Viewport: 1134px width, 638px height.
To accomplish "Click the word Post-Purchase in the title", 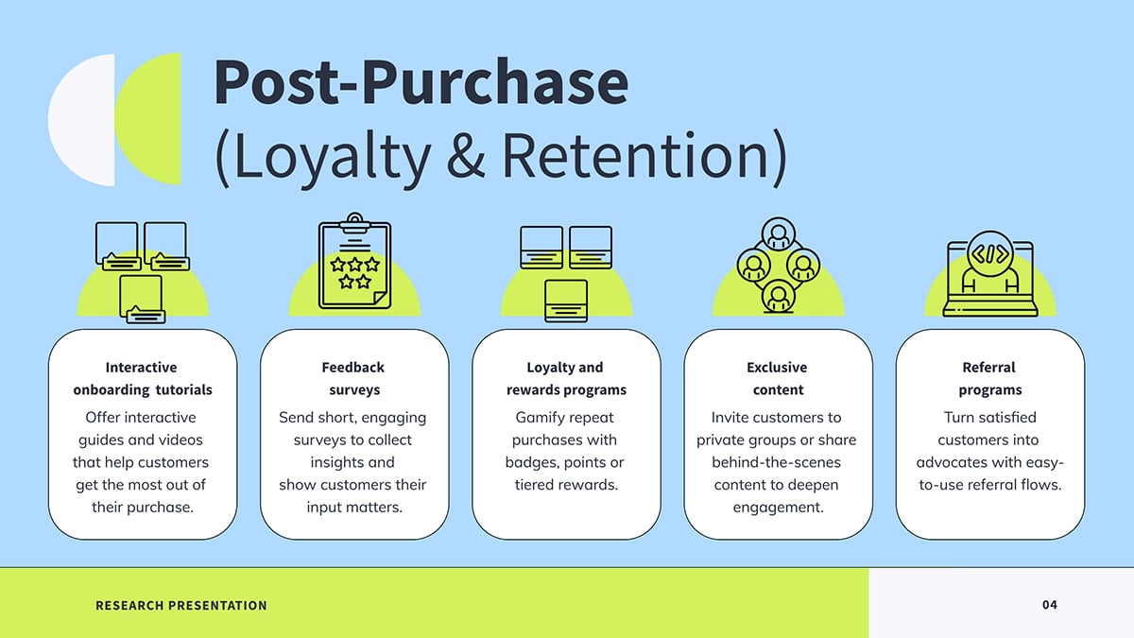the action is click(421, 81).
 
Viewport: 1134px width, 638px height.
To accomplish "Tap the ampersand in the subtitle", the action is click(466, 154).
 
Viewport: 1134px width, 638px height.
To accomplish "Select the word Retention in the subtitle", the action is click(636, 154).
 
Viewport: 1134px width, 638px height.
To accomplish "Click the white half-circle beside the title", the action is click(81, 119).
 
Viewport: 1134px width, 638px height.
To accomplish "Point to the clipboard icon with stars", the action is click(355, 261).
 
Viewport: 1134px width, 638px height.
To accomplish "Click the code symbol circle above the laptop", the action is click(989, 253).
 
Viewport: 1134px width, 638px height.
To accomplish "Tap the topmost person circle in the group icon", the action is click(778, 234).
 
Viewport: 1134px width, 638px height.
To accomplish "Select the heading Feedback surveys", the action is click(353, 378).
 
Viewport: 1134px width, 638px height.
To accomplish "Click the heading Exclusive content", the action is click(778, 378).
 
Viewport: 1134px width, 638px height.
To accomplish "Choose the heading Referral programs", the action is click(989, 378).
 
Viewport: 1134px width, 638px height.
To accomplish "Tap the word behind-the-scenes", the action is click(776, 462).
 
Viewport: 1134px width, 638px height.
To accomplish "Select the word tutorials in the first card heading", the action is click(183, 389).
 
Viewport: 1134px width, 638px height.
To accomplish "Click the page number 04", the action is click(1050, 605).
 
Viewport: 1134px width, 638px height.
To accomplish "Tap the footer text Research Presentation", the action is click(181, 605).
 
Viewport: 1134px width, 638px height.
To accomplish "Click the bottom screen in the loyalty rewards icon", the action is click(566, 301).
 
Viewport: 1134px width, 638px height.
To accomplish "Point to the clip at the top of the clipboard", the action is click(355, 223).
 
